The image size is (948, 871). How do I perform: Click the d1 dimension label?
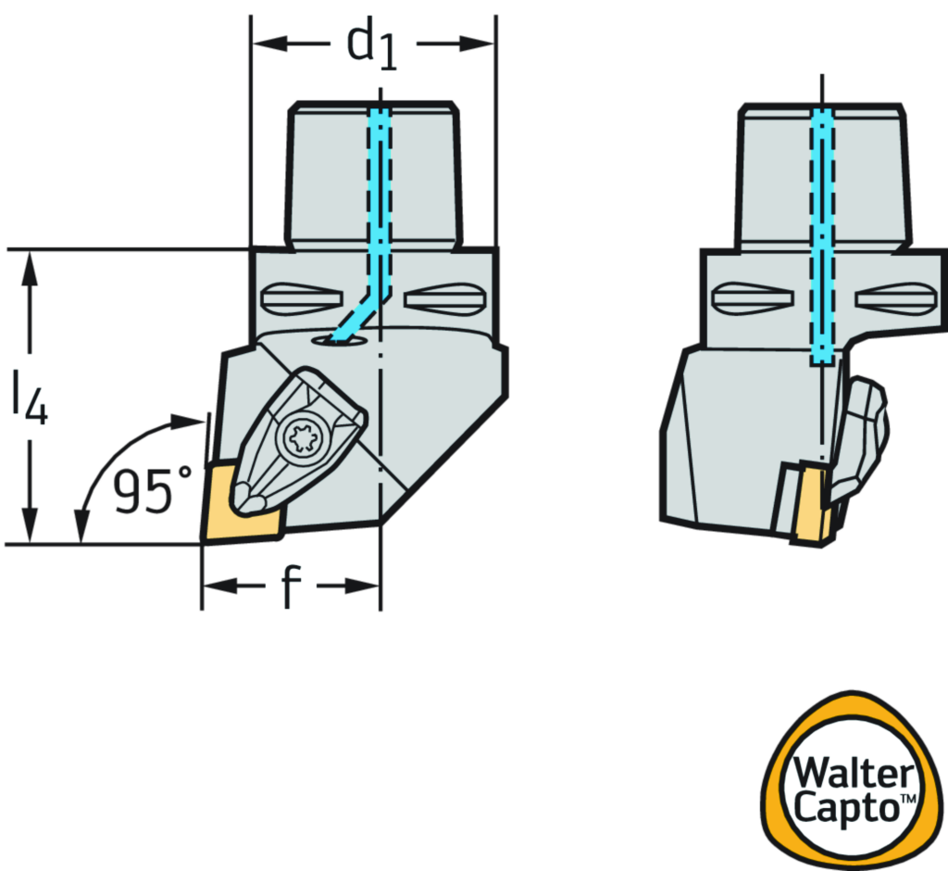tap(373, 44)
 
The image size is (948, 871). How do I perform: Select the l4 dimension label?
tap(30, 396)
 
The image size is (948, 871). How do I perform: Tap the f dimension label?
tap(290, 587)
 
